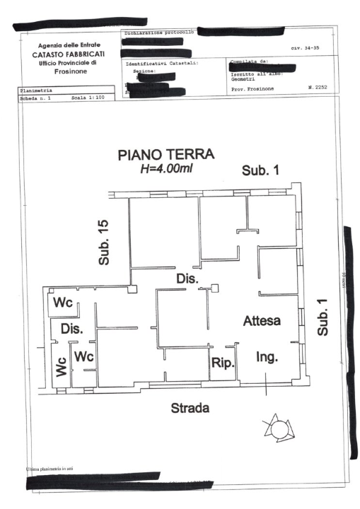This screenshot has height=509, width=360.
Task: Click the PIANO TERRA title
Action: tap(169, 156)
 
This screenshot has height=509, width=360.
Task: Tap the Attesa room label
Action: tap(262, 320)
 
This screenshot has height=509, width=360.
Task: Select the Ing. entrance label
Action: tap(266, 356)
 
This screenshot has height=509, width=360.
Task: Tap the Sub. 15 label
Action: tap(104, 242)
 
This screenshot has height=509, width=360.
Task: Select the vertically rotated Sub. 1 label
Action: tap(323, 317)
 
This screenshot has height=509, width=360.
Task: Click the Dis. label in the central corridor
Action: tap(186, 279)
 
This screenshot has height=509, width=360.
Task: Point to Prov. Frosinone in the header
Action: tap(253, 88)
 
